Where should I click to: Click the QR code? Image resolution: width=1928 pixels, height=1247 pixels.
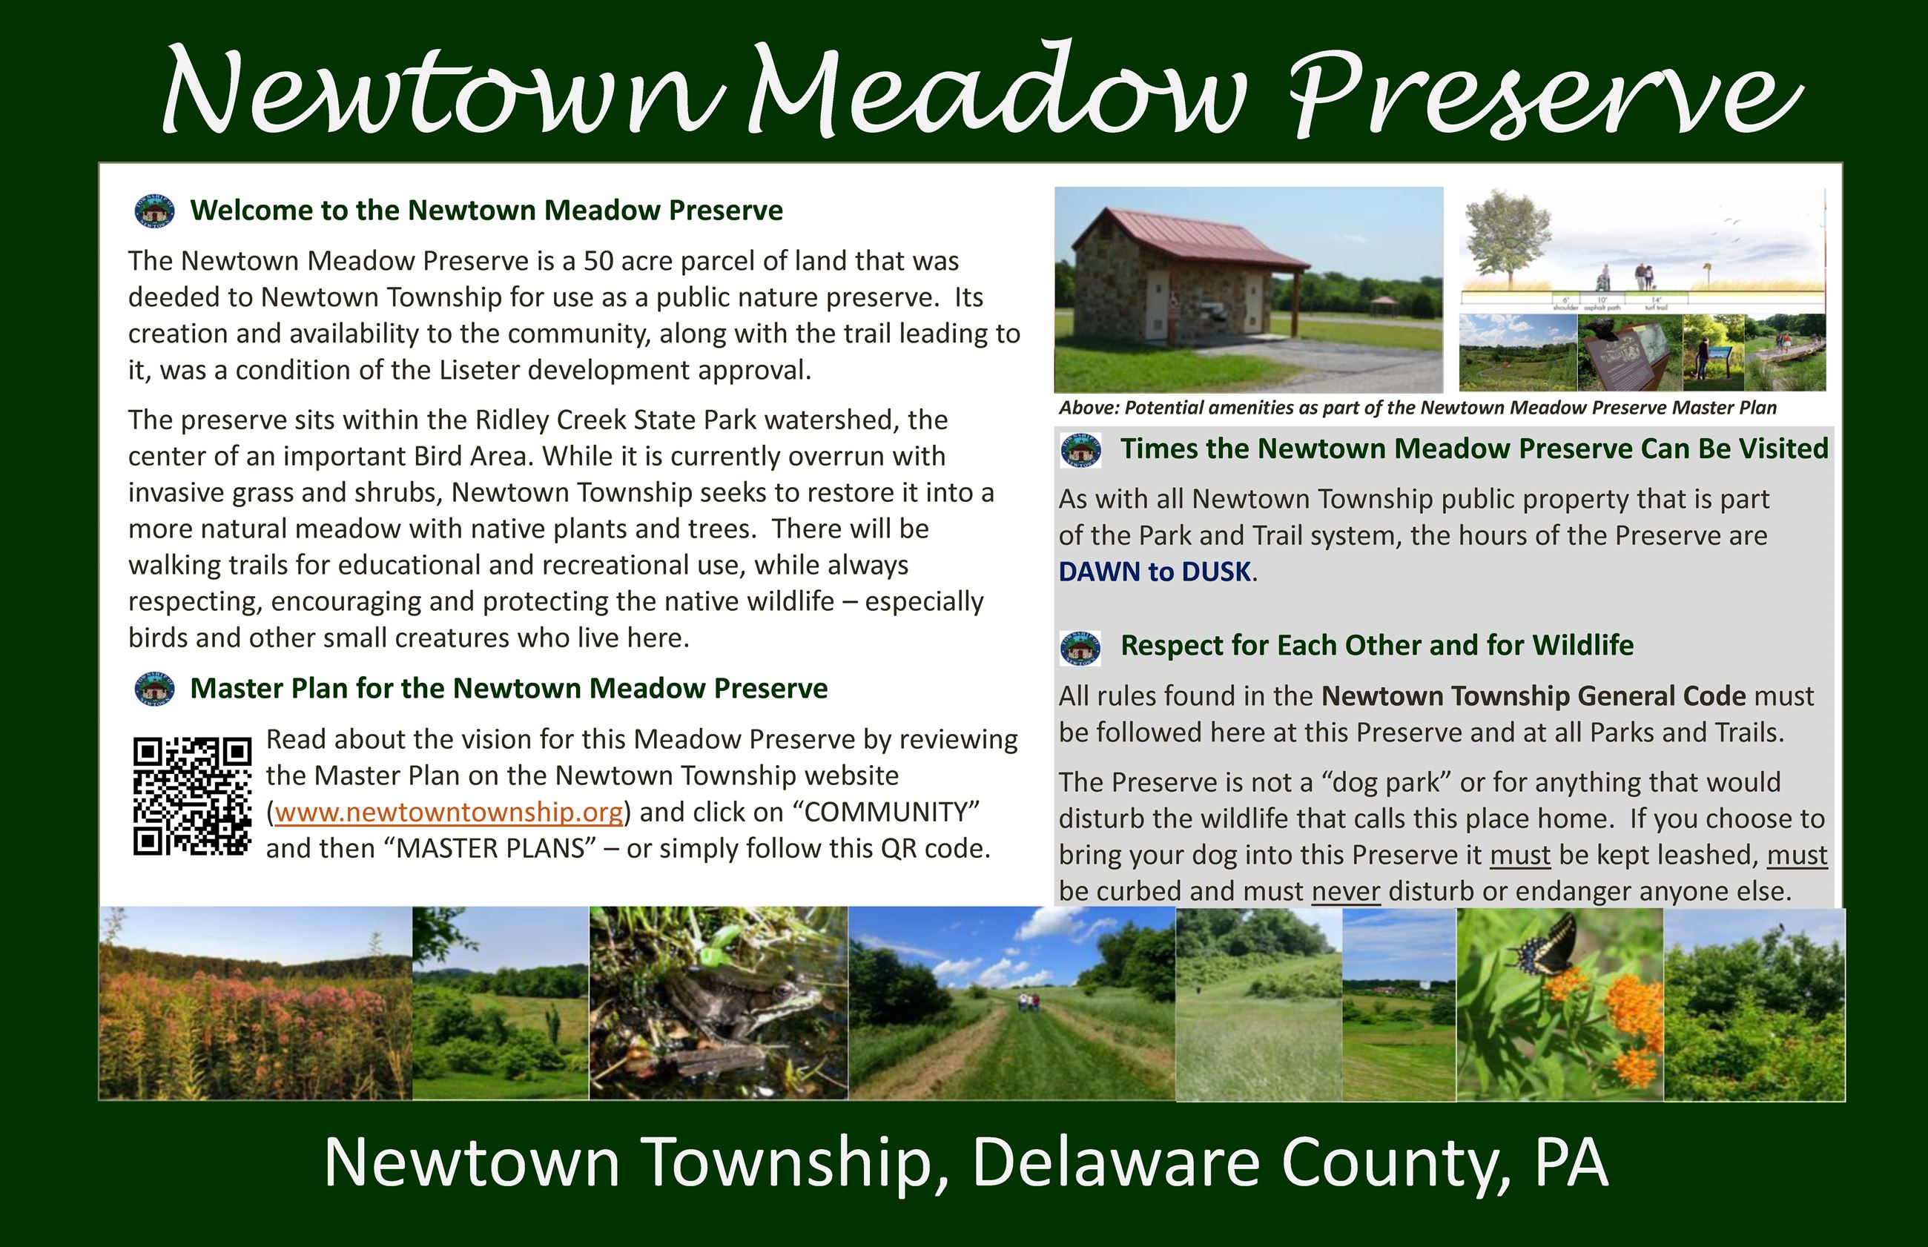pos(192,796)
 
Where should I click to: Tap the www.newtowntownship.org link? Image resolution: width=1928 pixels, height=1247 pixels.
pos(449,811)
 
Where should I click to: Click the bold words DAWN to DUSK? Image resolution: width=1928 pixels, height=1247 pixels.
pos(1155,572)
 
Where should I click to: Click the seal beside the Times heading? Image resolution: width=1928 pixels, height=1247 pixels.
pos(1080,450)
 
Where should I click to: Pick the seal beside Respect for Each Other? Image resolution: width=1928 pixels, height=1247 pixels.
pos(1080,647)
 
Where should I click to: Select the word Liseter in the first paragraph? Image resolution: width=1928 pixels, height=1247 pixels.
pos(482,370)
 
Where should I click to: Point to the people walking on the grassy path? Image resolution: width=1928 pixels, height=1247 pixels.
pos(1027,1002)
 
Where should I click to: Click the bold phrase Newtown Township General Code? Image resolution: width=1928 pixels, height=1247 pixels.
pos(1533,695)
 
